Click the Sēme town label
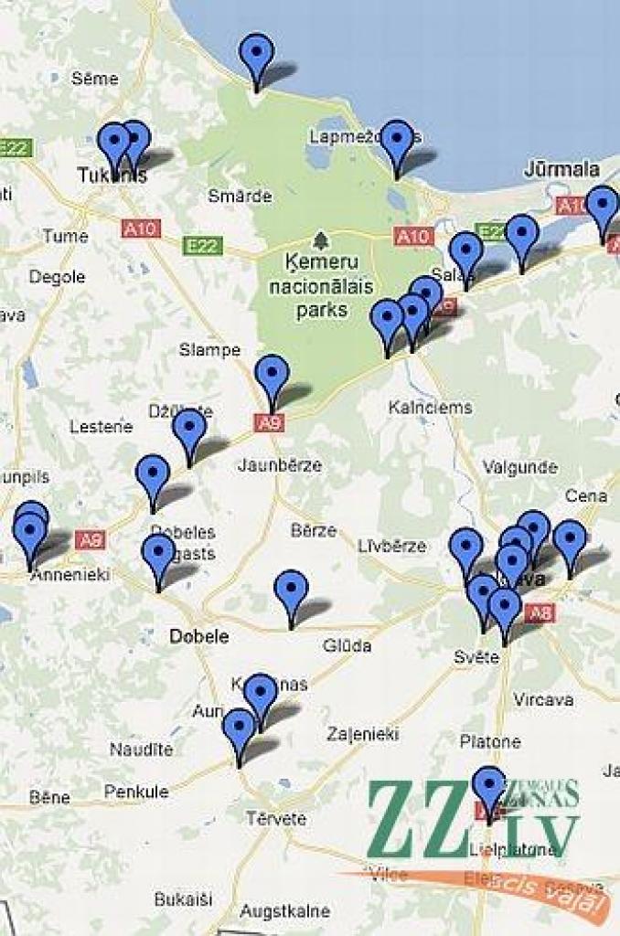(94, 79)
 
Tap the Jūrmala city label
(562, 169)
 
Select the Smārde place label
(240, 196)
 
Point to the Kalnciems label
(430, 407)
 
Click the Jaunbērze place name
(280, 465)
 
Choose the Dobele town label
(198, 636)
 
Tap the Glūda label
(347, 646)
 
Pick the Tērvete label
(275, 818)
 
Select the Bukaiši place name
(183, 899)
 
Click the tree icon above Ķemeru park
(320, 241)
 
